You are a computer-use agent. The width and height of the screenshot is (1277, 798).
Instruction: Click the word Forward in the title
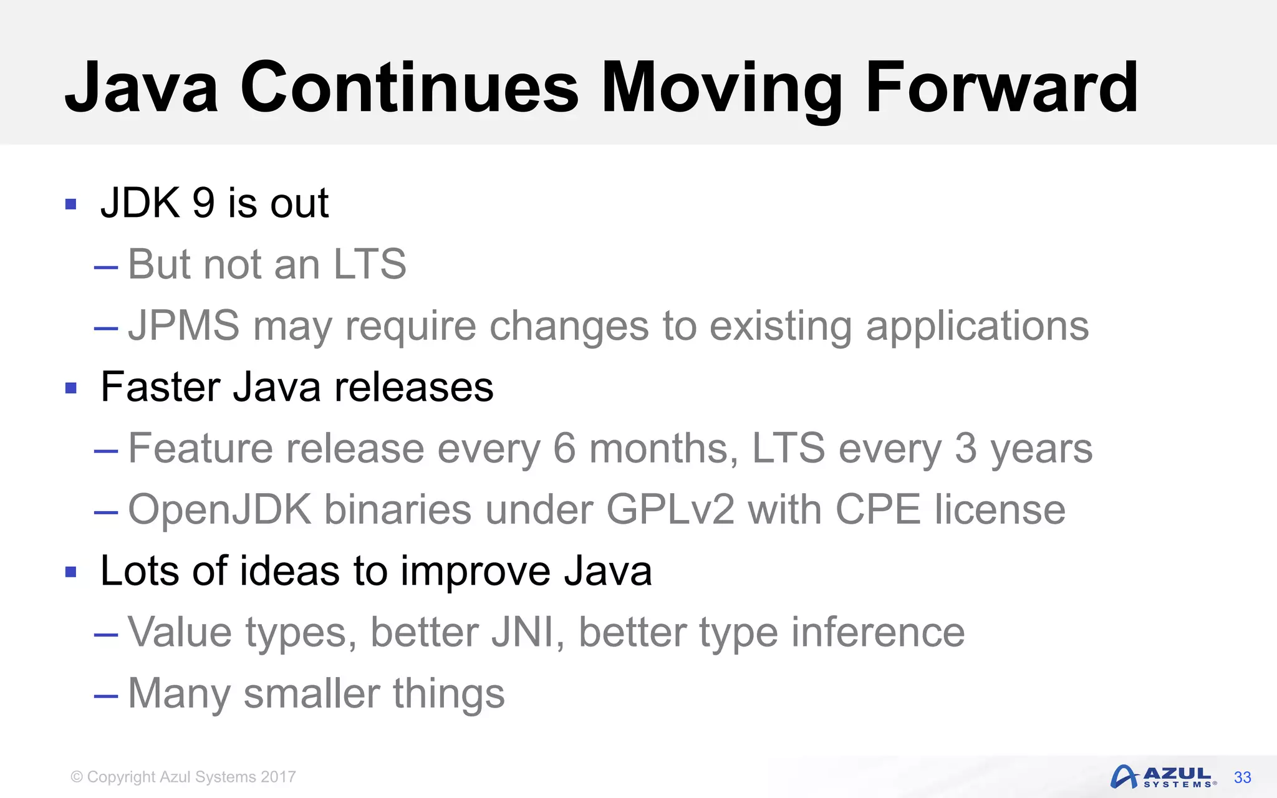(x=1001, y=89)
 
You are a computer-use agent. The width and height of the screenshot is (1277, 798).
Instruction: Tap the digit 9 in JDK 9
(x=203, y=203)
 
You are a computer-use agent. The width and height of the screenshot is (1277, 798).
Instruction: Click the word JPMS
(x=184, y=325)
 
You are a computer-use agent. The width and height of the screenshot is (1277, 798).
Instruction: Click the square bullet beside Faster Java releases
(x=71, y=388)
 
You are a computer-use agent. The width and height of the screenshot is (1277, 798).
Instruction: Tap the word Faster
(x=160, y=387)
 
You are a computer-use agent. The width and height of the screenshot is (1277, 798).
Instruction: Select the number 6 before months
(x=564, y=448)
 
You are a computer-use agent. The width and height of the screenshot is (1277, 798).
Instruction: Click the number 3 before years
(x=965, y=448)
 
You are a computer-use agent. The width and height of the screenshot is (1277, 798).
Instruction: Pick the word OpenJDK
(x=219, y=510)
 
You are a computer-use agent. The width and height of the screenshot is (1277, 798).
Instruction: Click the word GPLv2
(x=670, y=510)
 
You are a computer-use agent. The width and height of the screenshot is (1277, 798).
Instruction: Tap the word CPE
(x=877, y=510)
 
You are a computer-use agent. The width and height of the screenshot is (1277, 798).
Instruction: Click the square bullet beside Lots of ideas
(x=71, y=572)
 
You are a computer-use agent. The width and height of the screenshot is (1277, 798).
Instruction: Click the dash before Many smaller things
(x=106, y=695)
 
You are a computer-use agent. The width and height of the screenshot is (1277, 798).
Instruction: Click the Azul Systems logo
(x=1162, y=777)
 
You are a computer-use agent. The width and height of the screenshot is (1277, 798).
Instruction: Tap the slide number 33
(x=1242, y=777)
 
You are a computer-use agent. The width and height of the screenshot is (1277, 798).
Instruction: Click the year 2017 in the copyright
(x=278, y=777)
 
